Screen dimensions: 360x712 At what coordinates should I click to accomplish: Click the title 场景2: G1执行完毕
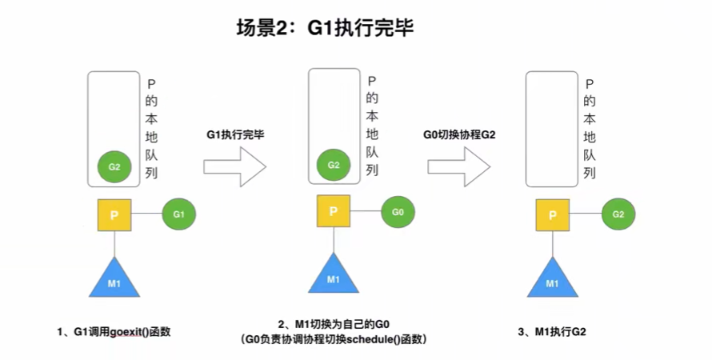(x=323, y=30)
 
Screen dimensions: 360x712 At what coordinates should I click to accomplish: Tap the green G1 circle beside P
(x=178, y=214)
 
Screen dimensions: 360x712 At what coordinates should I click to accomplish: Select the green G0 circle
(x=398, y=213)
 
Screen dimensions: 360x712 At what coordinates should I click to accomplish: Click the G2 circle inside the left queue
(x=114, y=167)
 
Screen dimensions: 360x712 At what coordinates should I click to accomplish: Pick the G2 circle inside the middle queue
(x=334, y=165)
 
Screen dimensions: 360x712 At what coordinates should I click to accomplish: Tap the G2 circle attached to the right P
(x=618, y=214)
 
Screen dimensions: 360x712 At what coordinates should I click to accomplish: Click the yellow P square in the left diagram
(x=115, y=215)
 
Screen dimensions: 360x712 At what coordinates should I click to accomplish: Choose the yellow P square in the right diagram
(x=553, y=215)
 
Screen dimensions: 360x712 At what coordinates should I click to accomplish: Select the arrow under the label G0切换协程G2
(x=458, y=166)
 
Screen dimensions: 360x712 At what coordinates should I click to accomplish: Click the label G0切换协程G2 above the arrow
(x=460, y=135)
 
